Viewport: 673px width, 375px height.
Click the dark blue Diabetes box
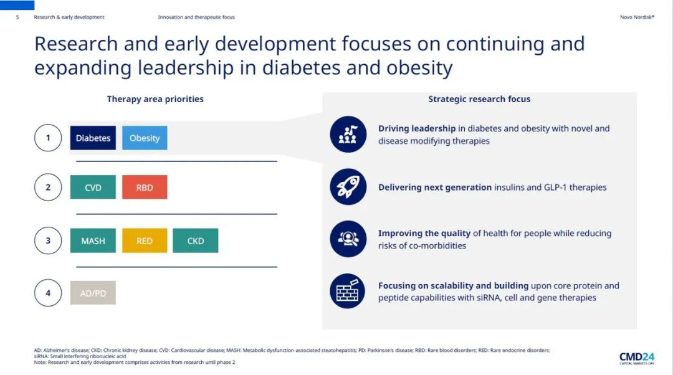point(93,138)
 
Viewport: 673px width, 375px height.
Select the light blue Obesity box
point(145,138)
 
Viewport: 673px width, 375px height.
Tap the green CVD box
point(93,187)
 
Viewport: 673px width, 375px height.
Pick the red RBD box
point(145,187)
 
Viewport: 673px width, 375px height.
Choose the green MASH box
point(93,240)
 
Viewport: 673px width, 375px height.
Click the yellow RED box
point(145,240)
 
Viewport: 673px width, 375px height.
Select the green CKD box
point(196,240)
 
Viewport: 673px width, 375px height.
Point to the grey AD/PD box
point(93,293)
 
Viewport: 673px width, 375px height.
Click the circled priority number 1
point(48,138)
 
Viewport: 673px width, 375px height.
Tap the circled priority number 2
point(48,187)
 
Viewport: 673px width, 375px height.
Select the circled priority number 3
point(48,240)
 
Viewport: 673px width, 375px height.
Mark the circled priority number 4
point(48,293)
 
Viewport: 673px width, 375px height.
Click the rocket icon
point(348,187)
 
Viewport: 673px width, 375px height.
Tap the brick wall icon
point(348,292)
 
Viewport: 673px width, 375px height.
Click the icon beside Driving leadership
point(348,135)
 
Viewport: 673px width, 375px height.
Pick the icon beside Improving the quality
point(348,239)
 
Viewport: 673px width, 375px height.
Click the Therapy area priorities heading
point(155,99)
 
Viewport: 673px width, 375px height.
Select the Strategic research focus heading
point(479,99)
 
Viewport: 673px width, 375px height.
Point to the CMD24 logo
point(636,358)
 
